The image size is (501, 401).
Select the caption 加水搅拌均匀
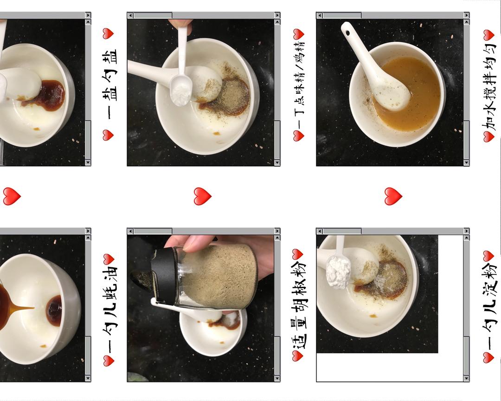pyautogui.click(x=489, y=84)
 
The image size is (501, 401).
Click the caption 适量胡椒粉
pyautogui.click(x=299, y=305)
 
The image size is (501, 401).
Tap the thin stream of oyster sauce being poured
pyautogui.click(x=22, y=308)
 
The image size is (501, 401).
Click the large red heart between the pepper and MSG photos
pyautogui.click(x=202, y=196)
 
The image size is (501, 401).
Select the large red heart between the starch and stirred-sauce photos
pyautogui.click(x=393, y=196)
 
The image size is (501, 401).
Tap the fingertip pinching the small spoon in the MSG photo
pyautogui.click(x=180, y=24)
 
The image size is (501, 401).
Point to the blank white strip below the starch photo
pyautogui.click(x=390, y=367)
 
